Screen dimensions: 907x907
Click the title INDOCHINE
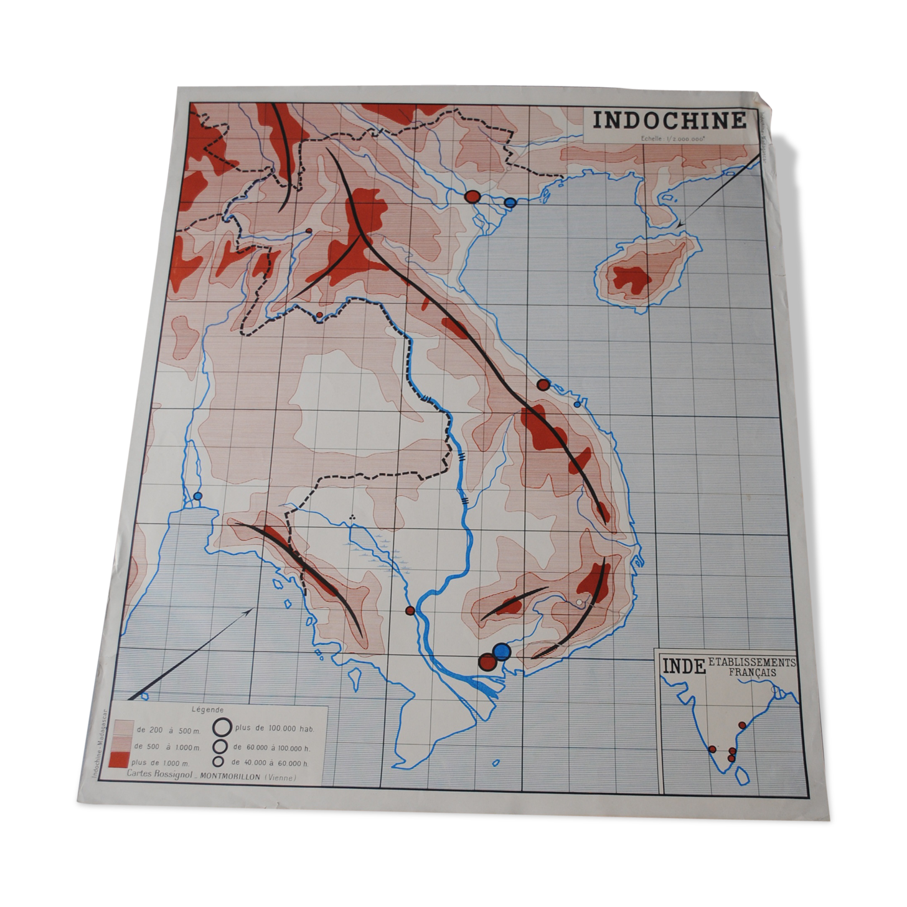pyautogui.click(x=669, y=120)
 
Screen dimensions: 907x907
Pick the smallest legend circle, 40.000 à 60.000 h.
pyautogui.click(x=219, y=761)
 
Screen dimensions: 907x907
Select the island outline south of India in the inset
pyautogui.click(x=741, y=775)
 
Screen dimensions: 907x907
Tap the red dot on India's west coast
pyautogui.click(x=712, y=749)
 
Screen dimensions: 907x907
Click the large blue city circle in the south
pyautogui.click(x=501, y=651)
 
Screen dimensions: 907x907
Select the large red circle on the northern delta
pyautogui.click(x=472, y=197)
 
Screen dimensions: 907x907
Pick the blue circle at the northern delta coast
pyautogui.click(x=510, y=202)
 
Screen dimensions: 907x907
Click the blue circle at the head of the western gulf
pyautogui.click(x=198, y=496)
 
